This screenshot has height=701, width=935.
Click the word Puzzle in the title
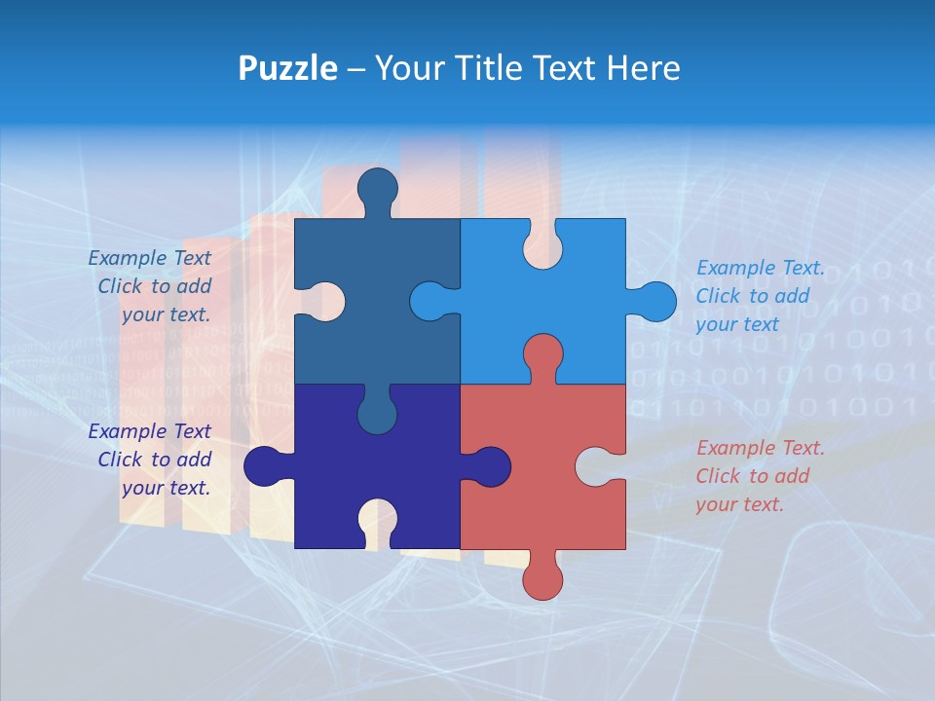[288, 68]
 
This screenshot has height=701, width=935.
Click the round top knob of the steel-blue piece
[377, 187]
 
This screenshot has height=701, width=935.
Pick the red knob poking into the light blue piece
[542, 353]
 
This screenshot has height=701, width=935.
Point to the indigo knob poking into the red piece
[490, 466]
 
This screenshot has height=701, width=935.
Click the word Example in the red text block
[730, 449]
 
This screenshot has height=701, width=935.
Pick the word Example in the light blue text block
[730, 269]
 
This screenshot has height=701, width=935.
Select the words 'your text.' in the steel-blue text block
[166, 314]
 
